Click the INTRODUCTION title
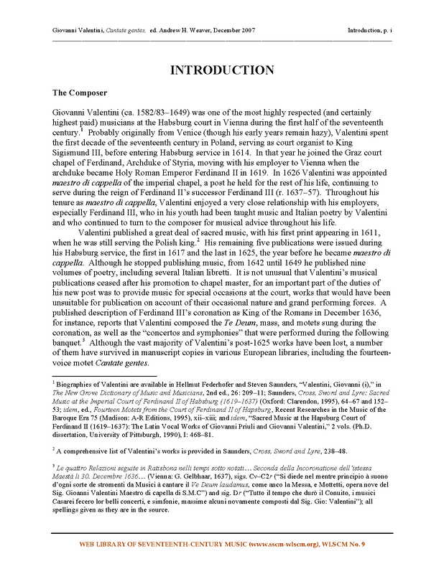pos(222,70)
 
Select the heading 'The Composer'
pos(79,93)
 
